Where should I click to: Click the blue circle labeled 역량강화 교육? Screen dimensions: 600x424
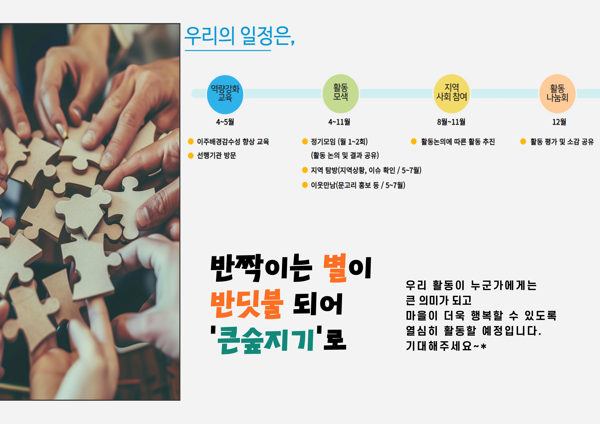225,95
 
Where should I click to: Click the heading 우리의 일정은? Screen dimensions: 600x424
240,36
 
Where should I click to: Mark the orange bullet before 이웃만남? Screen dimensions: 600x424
305,185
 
